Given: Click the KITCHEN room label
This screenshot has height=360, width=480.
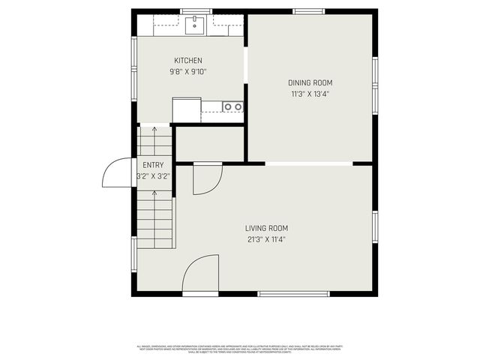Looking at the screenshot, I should coord(188,61).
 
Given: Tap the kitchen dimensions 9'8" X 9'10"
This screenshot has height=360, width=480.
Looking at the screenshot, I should coord(188,72).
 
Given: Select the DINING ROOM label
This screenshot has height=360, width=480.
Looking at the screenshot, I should coord(310,83).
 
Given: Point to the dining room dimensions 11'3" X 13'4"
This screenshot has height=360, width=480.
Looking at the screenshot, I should coord(310,94).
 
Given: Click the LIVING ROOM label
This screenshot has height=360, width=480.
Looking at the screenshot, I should coord(266,229).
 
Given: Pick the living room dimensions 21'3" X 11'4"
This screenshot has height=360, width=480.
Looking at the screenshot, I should coord(266,240).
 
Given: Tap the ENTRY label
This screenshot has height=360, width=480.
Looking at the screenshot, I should coord(153,165).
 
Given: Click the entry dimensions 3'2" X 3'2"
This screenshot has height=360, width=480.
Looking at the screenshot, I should coord(153,176).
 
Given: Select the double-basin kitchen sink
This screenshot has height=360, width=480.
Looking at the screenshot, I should coord(232,106).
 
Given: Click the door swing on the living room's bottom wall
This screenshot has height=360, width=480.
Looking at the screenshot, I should coord(200,274).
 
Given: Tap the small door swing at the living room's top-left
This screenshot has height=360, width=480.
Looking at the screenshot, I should coord(207,178).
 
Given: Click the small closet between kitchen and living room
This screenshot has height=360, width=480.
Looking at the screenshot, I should coord(210,143).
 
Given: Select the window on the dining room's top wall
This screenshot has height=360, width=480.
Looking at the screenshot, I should coord(308,11).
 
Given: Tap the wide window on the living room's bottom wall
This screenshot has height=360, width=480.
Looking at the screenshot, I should coord(293,293).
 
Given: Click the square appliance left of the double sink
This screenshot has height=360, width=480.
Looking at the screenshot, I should coord(186,109).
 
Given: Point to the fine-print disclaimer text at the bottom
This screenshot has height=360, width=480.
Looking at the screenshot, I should coord(239,348).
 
